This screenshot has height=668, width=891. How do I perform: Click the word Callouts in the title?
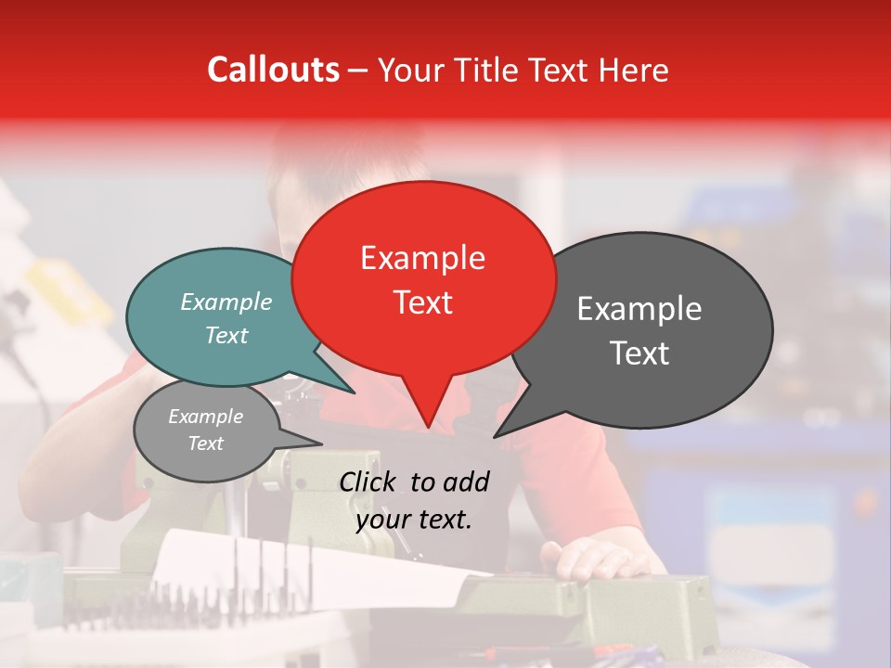(273, 70)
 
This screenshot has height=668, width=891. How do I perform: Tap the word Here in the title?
(634, 70)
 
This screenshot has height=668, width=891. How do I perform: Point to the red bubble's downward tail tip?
(427, 428)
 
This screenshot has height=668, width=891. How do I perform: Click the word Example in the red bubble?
(422, 257)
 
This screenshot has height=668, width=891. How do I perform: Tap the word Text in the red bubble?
(423, 302)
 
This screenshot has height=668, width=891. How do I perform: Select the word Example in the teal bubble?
(226, 302)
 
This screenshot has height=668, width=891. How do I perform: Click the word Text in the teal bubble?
(226, 335)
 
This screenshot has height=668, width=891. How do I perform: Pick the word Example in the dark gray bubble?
(639, 309)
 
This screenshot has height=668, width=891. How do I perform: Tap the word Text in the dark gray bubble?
(640, 353)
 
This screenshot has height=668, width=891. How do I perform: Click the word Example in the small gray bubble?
(205, 417)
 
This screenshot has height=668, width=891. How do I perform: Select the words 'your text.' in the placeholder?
(414, 520)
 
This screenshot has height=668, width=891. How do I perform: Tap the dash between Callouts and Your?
(358, 70)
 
